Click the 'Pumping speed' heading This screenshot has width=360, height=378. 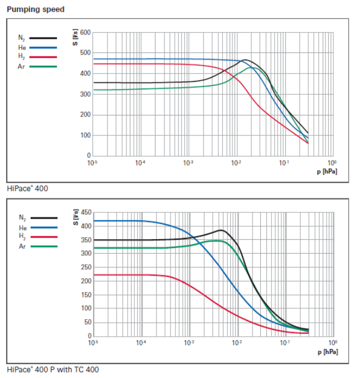[x=35, y=9]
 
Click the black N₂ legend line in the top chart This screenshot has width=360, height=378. [x=43, y=38]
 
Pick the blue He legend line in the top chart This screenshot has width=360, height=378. [x=43, y=47]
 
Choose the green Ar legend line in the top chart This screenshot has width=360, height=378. [x=43, y=66]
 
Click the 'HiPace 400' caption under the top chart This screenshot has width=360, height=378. [x=27, y=188]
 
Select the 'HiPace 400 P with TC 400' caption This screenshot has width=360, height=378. [x=53, y=369]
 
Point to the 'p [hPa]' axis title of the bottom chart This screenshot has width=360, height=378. [x=326, y=352]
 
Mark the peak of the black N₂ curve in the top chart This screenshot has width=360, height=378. [x=245, y=60]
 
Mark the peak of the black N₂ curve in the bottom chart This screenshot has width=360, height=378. [x=221, y=230]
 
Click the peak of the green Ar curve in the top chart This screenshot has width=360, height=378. [x=252, y=67]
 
